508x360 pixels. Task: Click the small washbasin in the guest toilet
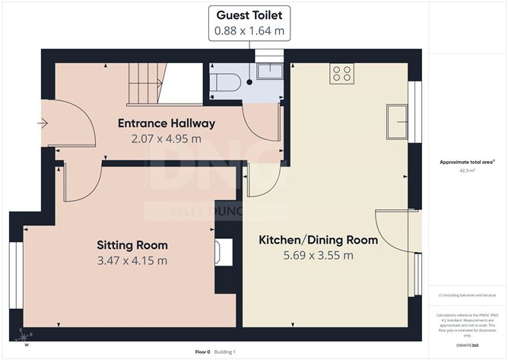point(268,72)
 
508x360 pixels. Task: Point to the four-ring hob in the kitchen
point(342,73)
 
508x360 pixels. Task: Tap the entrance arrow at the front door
point(43,123)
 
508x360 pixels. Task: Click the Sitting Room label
point(132,245)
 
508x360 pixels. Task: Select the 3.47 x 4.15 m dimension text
point(132,260)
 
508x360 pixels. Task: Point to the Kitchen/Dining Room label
point(318,240)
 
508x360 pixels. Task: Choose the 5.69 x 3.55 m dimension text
point(318,255)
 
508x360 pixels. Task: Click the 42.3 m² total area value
point(467,171)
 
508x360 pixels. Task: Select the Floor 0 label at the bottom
point(202,352)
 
